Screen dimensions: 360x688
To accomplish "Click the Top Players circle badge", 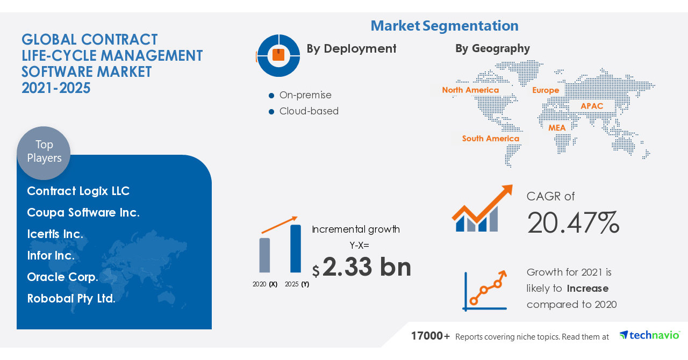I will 44,152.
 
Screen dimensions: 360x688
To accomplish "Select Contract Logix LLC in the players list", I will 78,191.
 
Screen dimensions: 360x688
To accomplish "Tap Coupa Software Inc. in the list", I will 83,213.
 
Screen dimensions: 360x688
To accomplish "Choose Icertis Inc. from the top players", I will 55,234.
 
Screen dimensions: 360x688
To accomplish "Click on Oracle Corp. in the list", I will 62,277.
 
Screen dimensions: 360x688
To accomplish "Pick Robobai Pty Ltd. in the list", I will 71,299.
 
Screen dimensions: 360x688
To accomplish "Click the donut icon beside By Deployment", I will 278,55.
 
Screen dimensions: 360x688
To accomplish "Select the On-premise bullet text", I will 305,95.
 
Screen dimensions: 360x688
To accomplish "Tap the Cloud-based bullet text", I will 309,111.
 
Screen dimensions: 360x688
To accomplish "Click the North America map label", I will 470,90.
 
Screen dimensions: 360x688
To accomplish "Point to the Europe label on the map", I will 546,90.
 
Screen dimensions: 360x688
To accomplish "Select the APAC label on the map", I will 592,106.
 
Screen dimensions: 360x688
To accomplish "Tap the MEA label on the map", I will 557,128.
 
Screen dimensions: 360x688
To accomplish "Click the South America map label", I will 490,139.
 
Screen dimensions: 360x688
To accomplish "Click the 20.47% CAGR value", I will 573,223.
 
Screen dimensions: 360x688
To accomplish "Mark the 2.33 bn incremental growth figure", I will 367,267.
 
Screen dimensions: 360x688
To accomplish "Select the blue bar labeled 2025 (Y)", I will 296,249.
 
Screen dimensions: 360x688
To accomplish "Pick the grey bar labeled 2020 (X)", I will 264,255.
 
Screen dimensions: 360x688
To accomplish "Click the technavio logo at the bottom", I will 649,335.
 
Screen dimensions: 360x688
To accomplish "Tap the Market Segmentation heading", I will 445,26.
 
